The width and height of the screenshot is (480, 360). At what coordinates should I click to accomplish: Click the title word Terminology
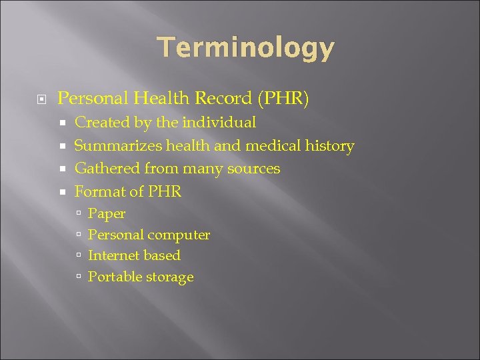tap(245, 48)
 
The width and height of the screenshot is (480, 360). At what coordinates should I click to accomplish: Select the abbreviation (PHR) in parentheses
tap(283, 99)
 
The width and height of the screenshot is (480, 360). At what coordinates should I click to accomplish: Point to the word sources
tap(254, 169)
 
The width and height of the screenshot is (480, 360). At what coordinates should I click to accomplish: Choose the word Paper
tap(107, 214)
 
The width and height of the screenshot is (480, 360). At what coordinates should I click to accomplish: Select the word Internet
tap(115, 255)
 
